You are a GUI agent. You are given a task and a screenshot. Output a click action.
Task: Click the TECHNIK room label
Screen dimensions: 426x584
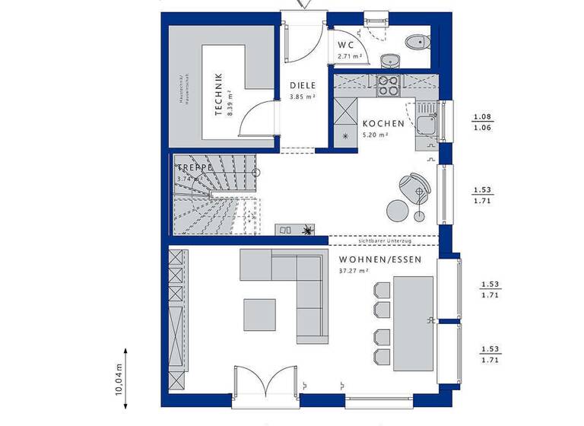(x=218, y=94)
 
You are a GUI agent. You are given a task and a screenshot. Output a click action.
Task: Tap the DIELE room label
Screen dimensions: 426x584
(x=302, y=86)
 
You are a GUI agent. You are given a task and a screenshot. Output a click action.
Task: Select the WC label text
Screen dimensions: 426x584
(x=346, y=44)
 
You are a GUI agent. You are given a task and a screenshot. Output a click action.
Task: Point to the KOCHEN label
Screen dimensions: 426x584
(x=378, y=123)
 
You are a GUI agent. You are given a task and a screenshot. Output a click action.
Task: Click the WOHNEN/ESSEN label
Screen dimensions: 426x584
(x=370, y=259)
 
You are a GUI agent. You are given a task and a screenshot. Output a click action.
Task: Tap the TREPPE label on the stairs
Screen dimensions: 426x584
(x=194, y=167)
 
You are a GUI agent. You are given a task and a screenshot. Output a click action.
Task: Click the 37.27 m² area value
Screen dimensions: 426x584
(x=354, y=270)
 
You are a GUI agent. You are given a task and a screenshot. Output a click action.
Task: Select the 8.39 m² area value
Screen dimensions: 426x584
(x=229, y=95)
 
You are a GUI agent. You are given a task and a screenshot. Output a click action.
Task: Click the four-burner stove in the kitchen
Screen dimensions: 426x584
(x=388, y=86)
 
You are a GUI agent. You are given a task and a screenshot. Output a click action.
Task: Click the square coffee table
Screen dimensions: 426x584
(x=260, y=313)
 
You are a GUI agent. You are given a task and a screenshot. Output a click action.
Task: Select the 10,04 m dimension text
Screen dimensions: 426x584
(x=119, y=379)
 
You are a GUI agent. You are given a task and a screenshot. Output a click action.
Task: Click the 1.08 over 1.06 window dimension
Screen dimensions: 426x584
(x=482, y=122)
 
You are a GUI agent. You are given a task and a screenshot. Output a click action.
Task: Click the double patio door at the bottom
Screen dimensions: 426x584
(x=265, y=382)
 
